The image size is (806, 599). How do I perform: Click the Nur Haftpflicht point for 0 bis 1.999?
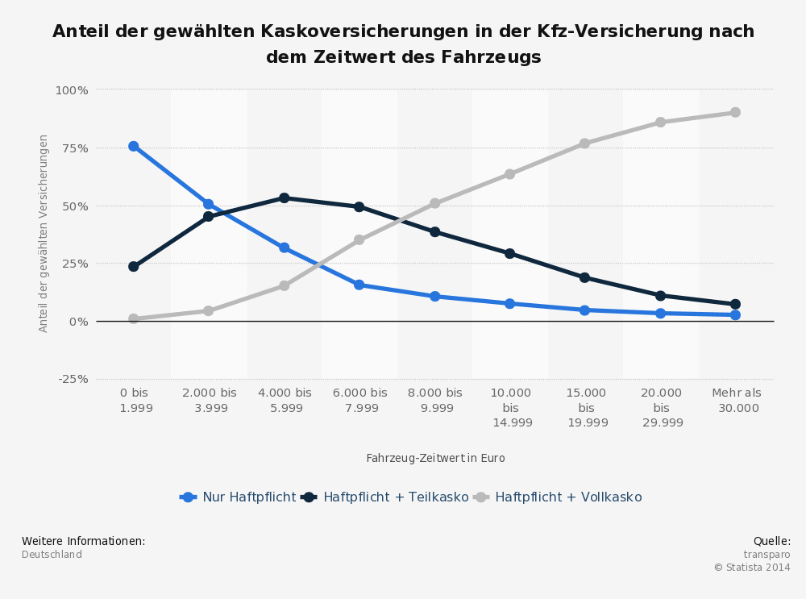(x=133, y=146)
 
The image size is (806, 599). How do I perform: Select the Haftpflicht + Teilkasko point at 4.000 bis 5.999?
(x=284, y=198)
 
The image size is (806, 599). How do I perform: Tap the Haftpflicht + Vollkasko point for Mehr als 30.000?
(x=735, y=112)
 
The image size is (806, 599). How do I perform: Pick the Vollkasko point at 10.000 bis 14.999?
(x=509, y=174)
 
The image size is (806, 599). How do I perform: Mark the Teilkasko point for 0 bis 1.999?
(x=133, y=266)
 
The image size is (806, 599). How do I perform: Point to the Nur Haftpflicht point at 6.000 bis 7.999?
(x=359, y=285)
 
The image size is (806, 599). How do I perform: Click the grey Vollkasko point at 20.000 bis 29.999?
(x=660, y=122)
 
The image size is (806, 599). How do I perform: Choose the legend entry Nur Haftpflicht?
(x=248, y=497)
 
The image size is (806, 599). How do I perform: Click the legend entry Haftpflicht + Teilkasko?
(x=395, y=497)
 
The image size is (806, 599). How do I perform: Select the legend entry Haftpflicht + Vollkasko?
(x=567, y=497)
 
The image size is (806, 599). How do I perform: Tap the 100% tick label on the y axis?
(x=72, y=89)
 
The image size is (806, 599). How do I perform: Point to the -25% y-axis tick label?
(x=73, y=379)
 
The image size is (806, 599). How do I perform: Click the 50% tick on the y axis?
(x=75, y=206)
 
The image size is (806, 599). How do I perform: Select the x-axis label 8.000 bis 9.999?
(x=435, y=400)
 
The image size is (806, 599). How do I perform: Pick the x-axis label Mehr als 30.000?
(x=736, y=400)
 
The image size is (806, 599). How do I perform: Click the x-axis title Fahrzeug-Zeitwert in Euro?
(x=435, y=458)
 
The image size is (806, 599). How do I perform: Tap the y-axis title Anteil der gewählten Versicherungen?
(x=44, y=233)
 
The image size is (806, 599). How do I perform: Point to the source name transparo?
(x=767, y=555)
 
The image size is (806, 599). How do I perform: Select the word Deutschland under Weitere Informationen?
(x=52, y=555)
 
